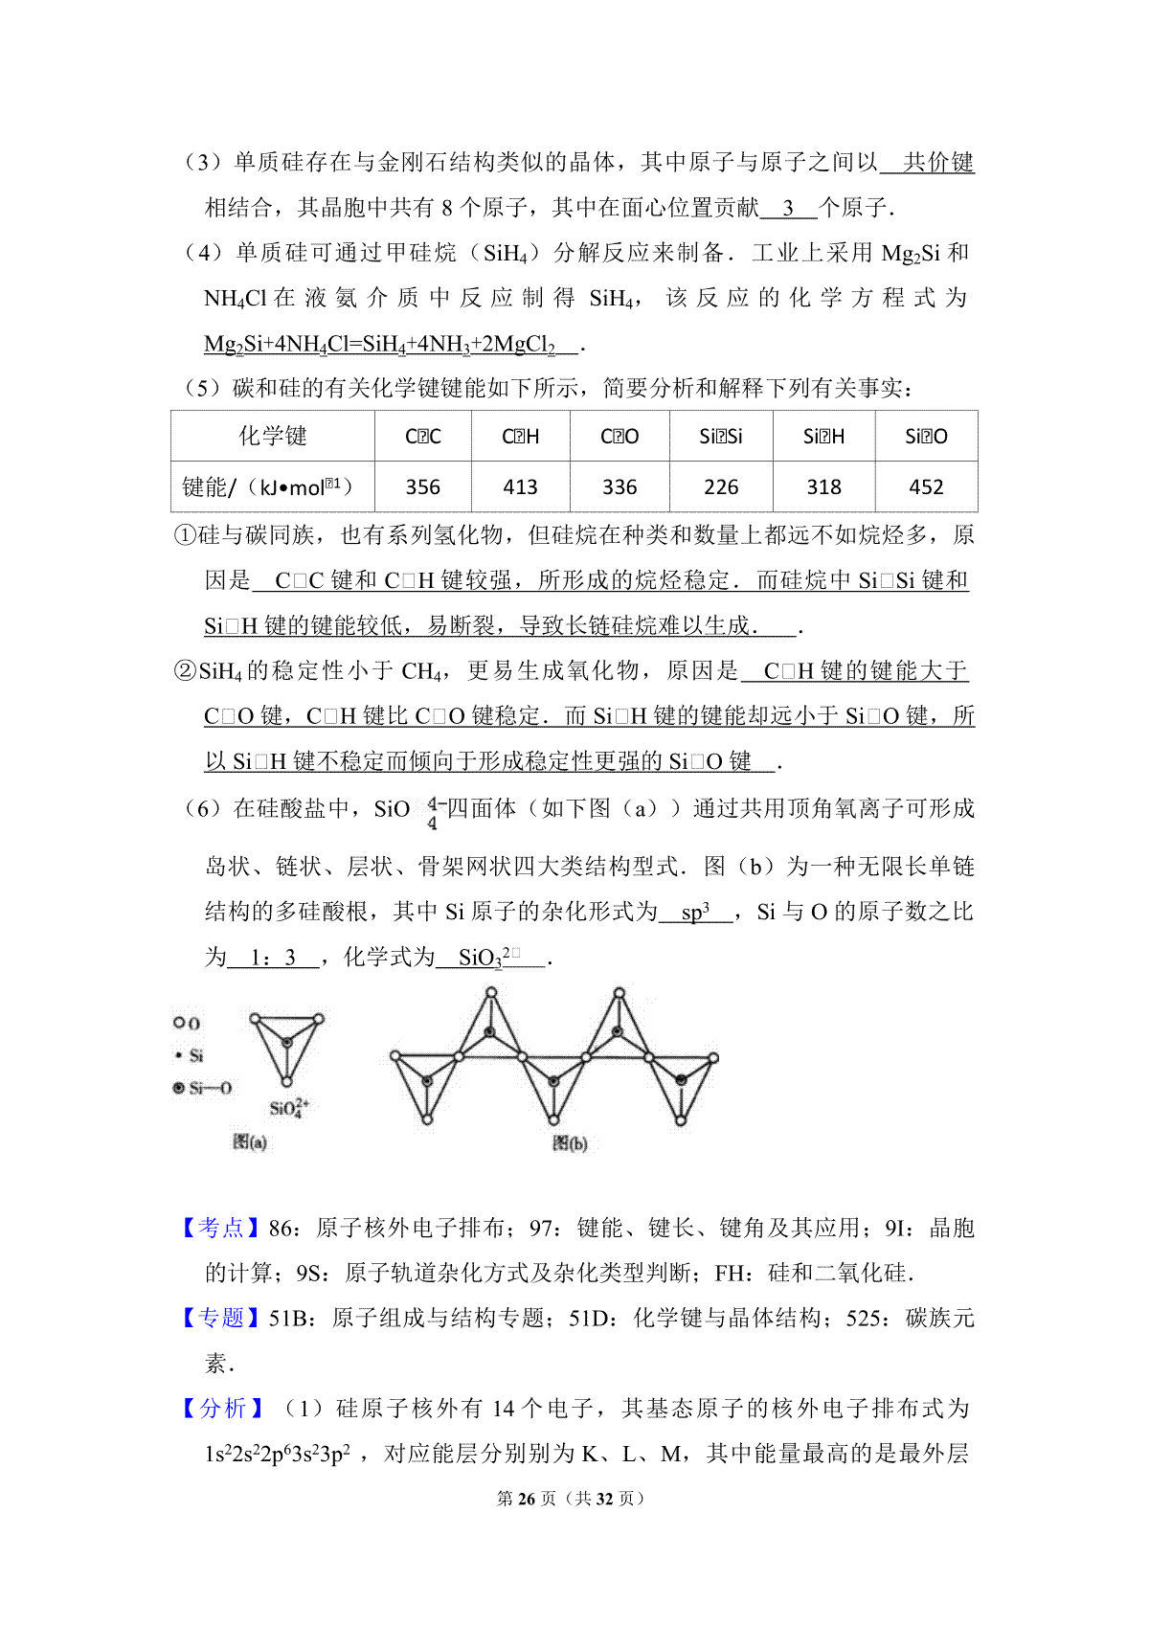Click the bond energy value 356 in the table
click(422, 487)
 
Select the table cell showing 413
click(520, 487)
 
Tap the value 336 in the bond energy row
click(620, 487)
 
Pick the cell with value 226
click(721, 487)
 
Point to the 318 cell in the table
click(823, 487)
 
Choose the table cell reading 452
click(926, 487)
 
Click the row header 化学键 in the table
click(273, 437)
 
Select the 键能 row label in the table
click(268, 487)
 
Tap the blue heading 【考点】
click(221, 1228)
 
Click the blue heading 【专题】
click(221, 1318)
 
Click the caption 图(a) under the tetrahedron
click(250, 1141)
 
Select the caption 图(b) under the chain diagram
click(570, 1143)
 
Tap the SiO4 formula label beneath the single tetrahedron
click(288, 1108)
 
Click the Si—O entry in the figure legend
click(203, 1088)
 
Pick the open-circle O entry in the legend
click(187, 1023)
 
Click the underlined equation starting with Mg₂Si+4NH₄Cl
click(379, 344)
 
